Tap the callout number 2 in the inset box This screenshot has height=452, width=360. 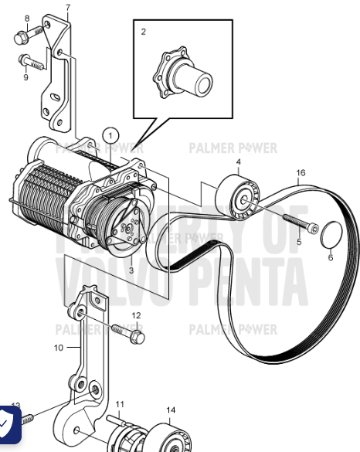143,32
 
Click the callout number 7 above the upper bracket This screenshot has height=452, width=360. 67,8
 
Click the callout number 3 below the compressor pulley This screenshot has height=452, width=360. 131,270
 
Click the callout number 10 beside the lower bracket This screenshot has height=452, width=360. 58,348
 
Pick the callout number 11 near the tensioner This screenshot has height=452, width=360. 120,404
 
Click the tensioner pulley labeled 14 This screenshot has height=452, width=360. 168,436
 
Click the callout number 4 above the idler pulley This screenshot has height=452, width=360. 238,161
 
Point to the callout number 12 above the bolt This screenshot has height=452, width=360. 136,315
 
